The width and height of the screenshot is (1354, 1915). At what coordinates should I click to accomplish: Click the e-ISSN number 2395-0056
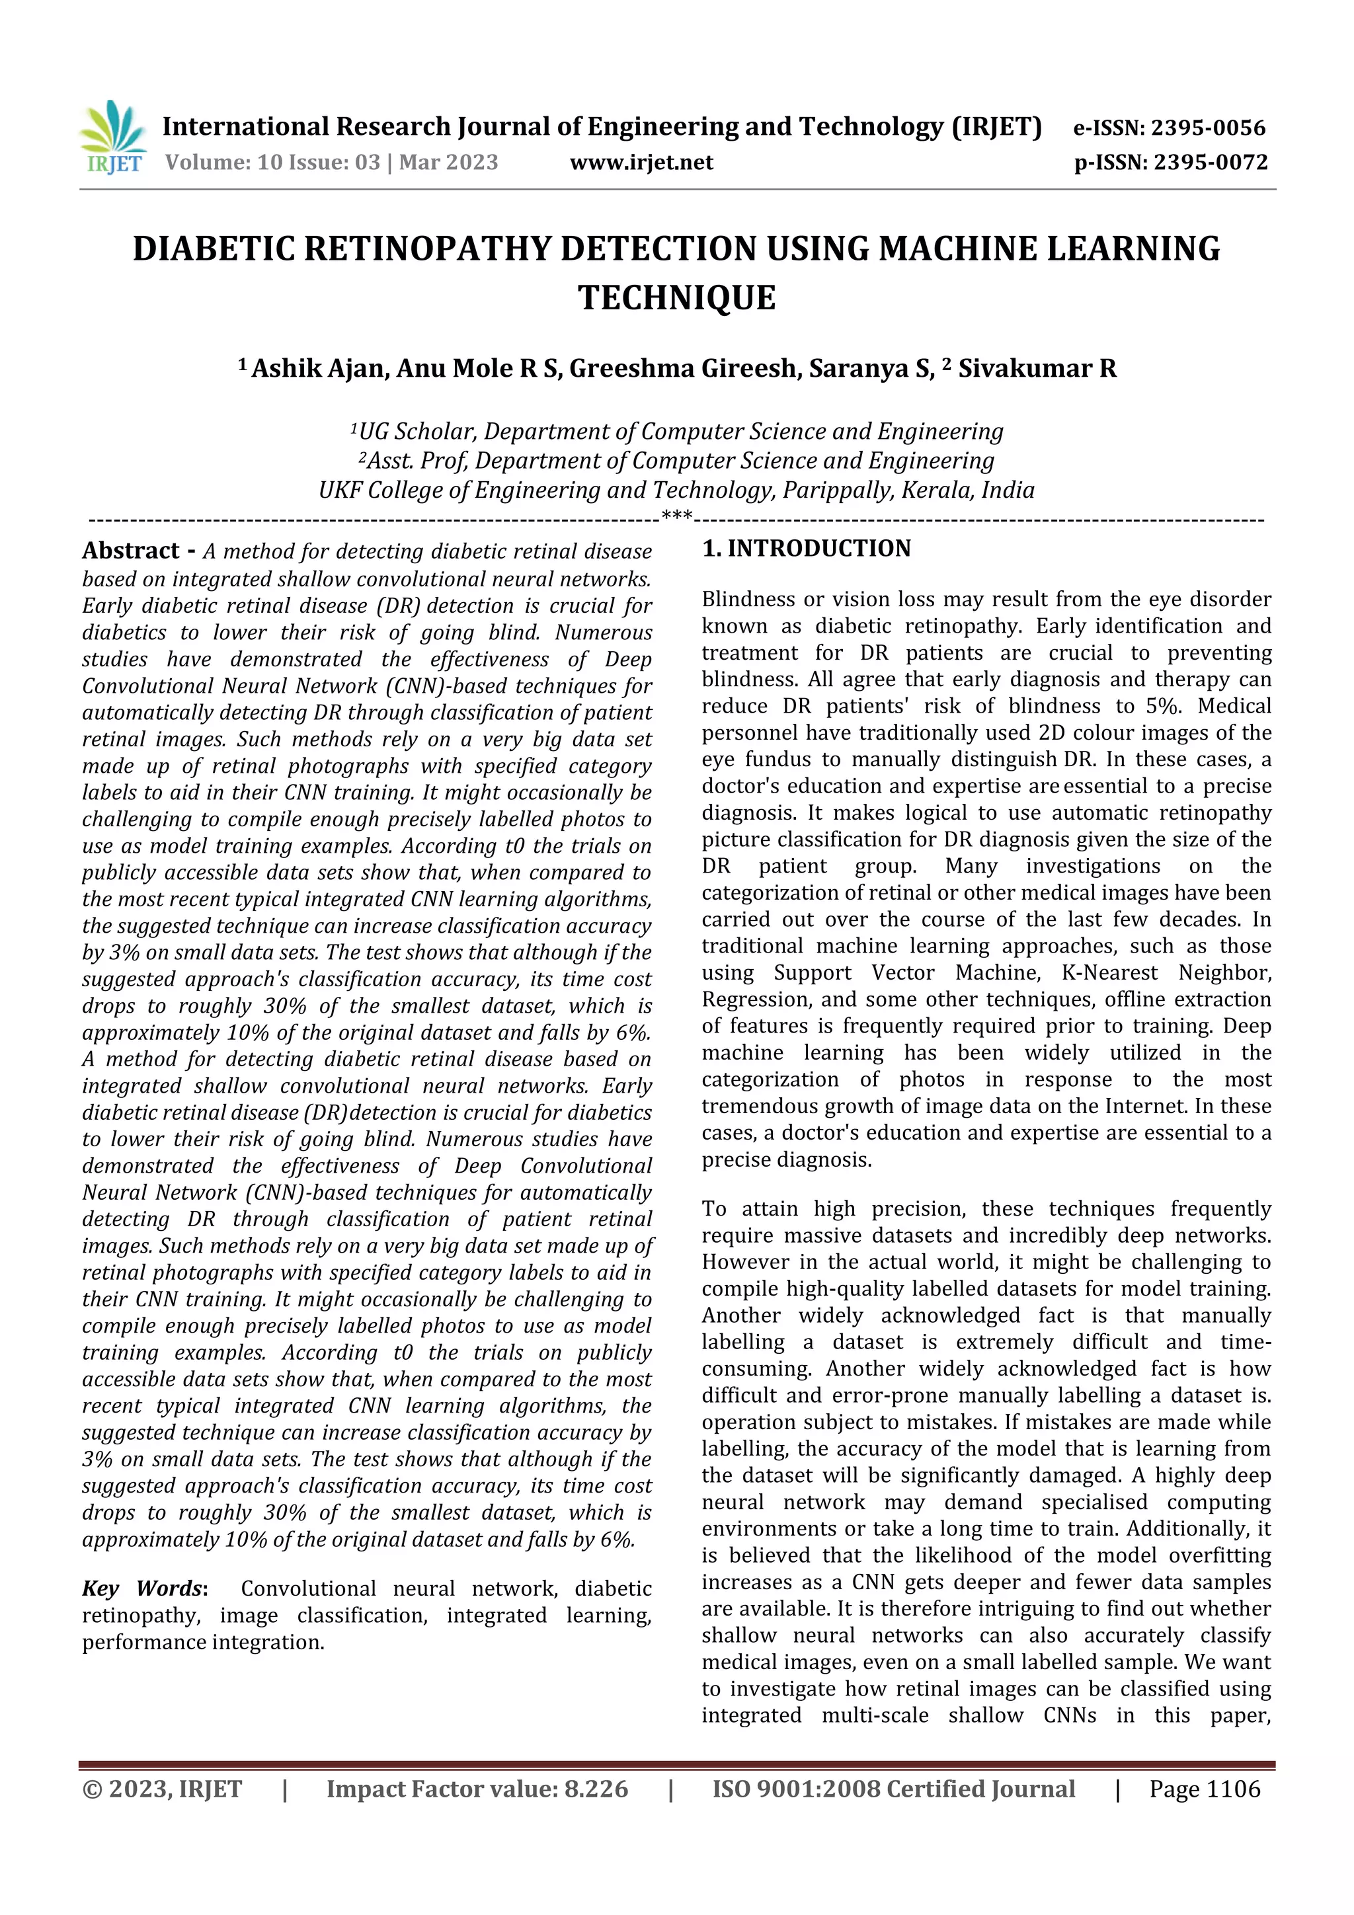(1208, 128)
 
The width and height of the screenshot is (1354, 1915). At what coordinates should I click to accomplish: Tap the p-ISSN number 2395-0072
(1211, 162)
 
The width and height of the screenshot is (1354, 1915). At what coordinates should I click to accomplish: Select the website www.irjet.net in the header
(641, 162)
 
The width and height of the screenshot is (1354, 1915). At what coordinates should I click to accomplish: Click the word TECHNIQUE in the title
(676, 297)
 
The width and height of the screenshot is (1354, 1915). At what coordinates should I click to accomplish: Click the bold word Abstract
(130, 551)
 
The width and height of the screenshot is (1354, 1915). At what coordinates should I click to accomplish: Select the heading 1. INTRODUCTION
(806, 548)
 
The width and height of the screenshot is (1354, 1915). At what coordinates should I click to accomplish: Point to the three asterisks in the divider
(676, 516)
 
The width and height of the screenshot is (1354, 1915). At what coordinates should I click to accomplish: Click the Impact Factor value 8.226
(596, 1789)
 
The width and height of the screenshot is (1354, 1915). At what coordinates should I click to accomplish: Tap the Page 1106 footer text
(1205, 1789)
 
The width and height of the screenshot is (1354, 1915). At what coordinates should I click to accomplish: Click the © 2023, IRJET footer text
(162, 1789)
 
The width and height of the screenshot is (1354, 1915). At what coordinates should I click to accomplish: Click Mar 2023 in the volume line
(448, 162)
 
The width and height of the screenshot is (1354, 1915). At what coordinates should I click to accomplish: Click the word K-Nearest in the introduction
(1109, 972)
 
